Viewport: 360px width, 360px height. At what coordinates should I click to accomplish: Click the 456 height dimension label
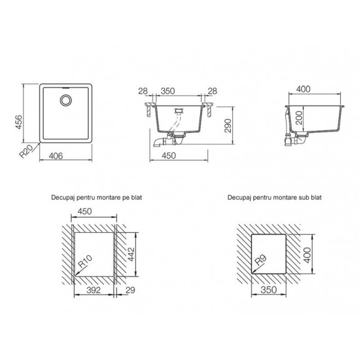19,122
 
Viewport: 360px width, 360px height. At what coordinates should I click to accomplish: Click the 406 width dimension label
56,156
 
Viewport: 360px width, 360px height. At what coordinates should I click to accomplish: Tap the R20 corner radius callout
26,152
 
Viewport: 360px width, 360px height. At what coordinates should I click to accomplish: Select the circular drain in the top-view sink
66,100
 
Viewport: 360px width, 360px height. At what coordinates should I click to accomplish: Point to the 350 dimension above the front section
168,91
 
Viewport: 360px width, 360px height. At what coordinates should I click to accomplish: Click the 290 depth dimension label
228,125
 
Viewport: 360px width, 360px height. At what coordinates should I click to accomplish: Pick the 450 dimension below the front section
168,155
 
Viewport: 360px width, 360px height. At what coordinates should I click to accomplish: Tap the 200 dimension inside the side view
299,117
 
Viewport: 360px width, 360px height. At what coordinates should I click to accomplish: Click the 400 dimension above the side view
303,89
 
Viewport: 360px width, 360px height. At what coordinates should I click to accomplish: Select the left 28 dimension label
143,91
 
